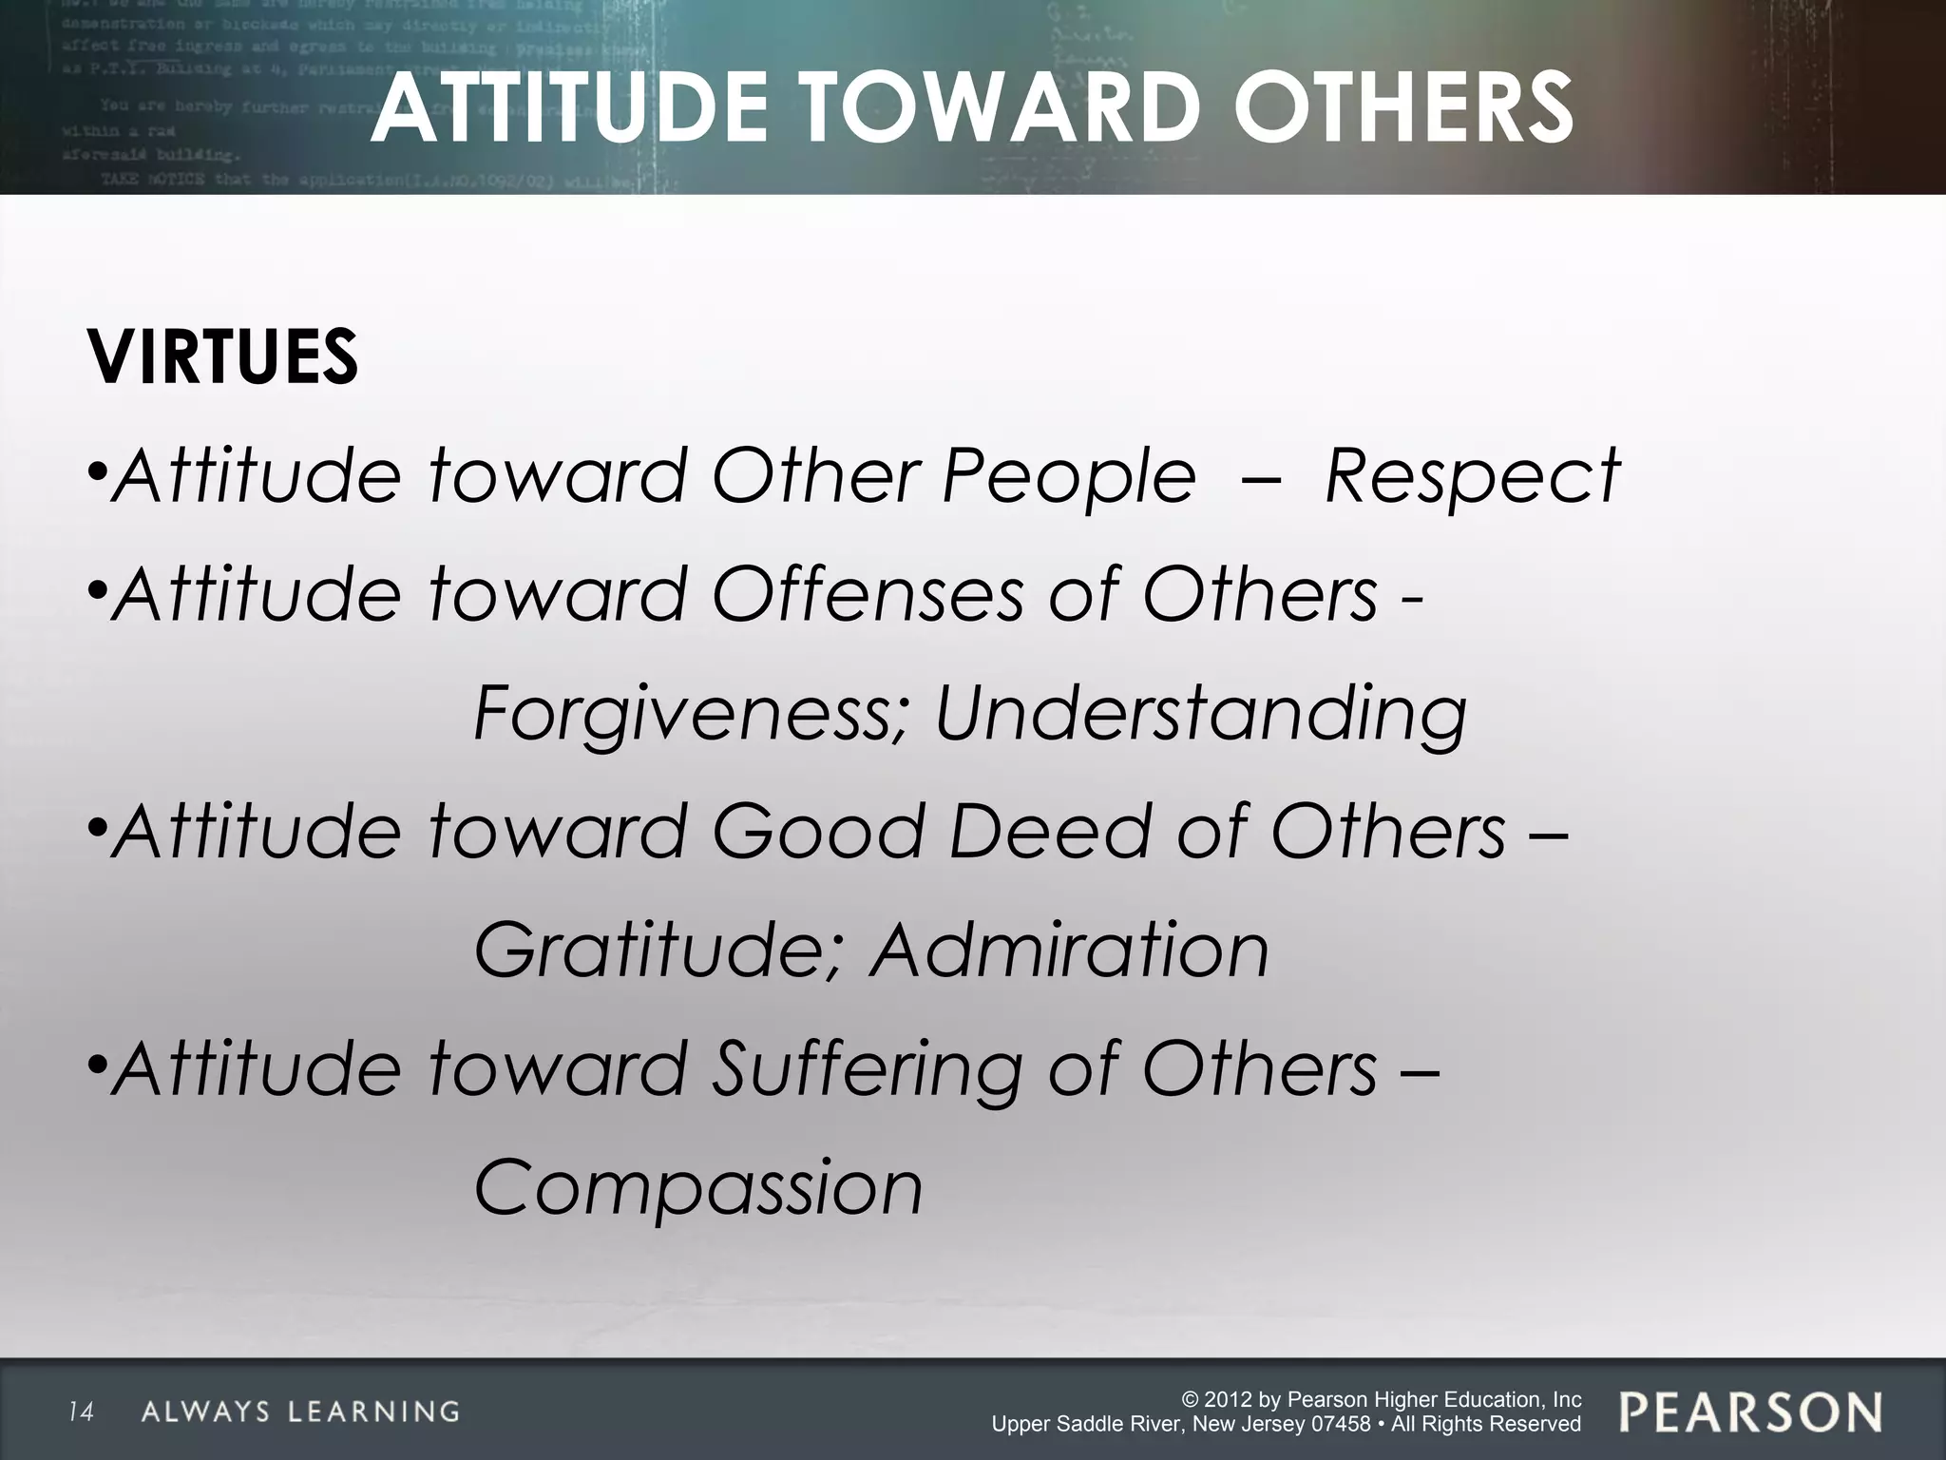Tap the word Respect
coord(1472,475)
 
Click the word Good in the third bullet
coord(817,832)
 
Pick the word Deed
coord(1050,832)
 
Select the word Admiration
coord(1069,951)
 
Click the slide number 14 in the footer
coord(81,1412)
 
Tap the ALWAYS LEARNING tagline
coord(300,1412)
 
